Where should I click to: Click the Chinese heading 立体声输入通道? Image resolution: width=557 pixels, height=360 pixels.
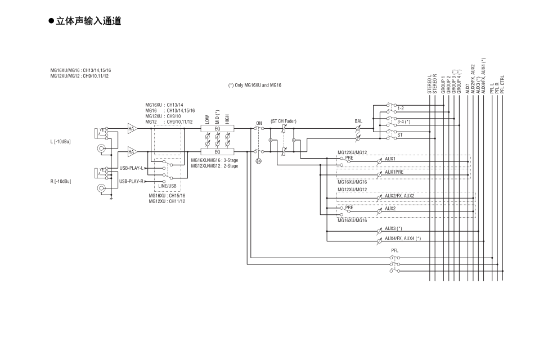(x=89, y=21)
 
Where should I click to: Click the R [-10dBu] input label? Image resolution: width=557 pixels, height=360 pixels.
(x=61, y=181)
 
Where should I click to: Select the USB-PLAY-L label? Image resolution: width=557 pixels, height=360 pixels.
(x=132, y=168)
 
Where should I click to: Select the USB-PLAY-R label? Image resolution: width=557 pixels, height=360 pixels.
(x=132, y=182)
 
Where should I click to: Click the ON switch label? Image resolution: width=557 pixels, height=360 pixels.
(x=259, y=122)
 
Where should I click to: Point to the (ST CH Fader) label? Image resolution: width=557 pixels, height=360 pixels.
(x=283, y=121)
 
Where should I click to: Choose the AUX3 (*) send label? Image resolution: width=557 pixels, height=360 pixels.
(x=394, y=228)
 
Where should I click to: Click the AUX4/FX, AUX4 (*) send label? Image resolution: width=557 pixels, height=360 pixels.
(x=403, y=238)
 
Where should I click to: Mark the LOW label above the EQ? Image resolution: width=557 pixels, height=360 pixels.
(x=208, y=119)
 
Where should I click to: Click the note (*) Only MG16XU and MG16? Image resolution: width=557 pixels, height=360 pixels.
(x=254, y=85)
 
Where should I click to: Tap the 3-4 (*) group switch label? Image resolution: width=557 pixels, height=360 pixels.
(x=403, y=121)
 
